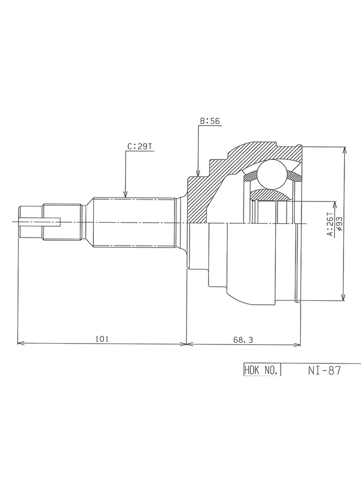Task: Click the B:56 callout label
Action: point(210,121)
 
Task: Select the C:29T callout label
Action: point(140,147)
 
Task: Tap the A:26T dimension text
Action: point(330,224)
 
